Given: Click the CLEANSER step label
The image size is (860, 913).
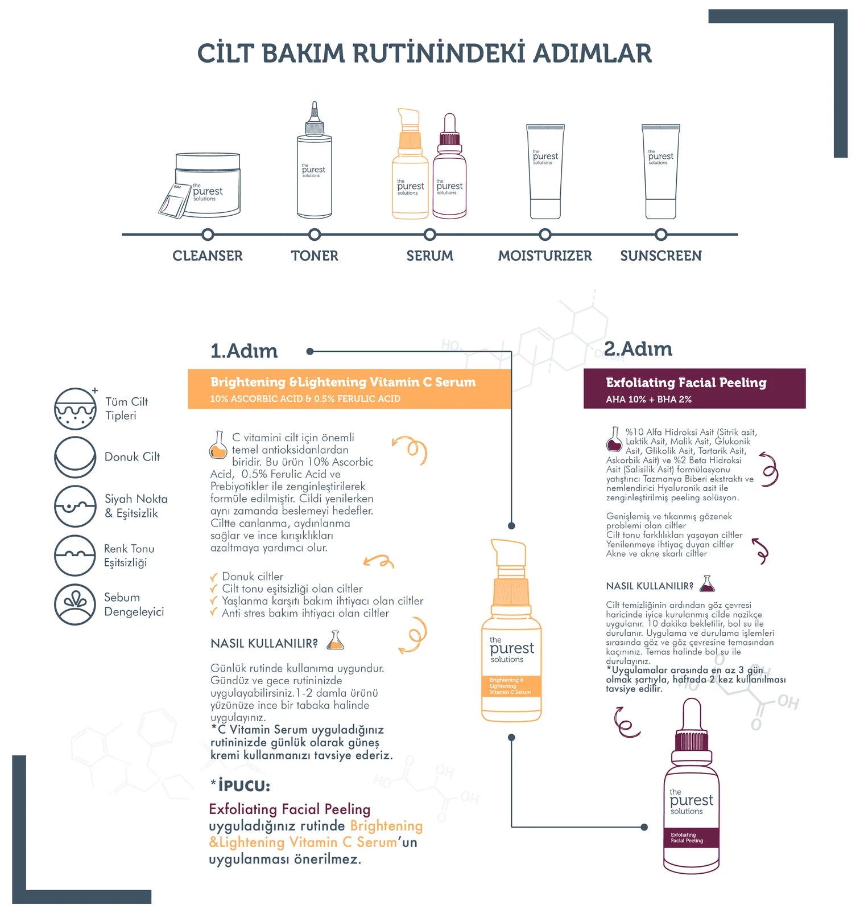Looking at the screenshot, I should click(208, 256).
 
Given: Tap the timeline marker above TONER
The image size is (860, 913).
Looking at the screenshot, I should click(315, 235).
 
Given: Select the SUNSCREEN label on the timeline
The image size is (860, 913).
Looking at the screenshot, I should click(660, 256).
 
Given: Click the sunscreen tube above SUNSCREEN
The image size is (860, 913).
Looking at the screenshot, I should click(660, 171).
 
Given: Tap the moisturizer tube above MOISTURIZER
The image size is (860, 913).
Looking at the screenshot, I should click(545, 171).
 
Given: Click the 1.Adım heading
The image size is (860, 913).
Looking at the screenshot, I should click(244, 351).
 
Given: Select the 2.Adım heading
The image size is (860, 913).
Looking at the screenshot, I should click(638, 349).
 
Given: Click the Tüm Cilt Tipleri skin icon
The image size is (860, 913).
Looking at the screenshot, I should click(75, 409).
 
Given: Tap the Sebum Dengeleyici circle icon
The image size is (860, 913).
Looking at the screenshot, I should click(75, 604).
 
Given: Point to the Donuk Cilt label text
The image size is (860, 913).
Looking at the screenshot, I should click(132, 457).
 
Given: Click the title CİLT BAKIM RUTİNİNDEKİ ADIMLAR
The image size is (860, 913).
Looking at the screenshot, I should click(424, 54).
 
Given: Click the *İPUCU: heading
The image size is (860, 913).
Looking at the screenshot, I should click(241, 786).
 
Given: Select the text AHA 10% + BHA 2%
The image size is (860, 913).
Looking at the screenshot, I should click(648, 400).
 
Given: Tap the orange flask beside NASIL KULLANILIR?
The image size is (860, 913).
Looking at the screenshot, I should click(336, 641).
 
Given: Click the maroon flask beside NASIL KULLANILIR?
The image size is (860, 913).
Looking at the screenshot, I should click(706, 584).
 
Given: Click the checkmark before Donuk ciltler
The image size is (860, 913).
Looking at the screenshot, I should click(214, 577).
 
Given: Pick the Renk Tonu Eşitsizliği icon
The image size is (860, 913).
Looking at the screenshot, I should click(75, 556).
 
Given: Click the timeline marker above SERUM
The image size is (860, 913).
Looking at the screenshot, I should click(430, 235).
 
